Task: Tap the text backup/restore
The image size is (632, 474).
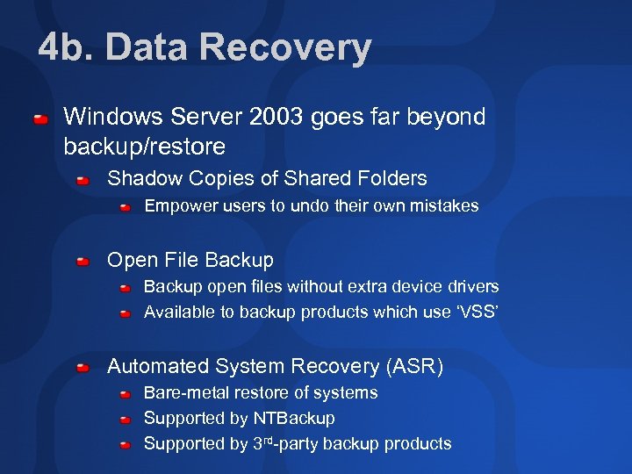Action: coord(144,146)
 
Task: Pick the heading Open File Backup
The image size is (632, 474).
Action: coord(190,261)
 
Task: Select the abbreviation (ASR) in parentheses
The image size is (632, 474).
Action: coord(414,366)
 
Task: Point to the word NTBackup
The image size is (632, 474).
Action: coord(294,419)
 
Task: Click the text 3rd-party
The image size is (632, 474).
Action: coord(284,443)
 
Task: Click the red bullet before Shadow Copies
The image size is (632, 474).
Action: coord(83,180)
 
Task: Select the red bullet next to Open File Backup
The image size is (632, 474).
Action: coord(83,262)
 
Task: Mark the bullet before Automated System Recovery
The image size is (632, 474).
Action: coord(83,367)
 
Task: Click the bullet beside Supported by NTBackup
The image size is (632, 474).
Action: coord(126,420)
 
